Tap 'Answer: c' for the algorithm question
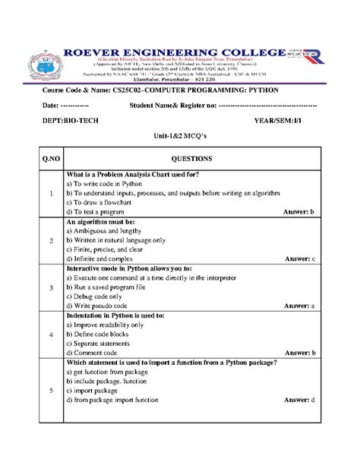299,258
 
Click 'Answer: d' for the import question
299,399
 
